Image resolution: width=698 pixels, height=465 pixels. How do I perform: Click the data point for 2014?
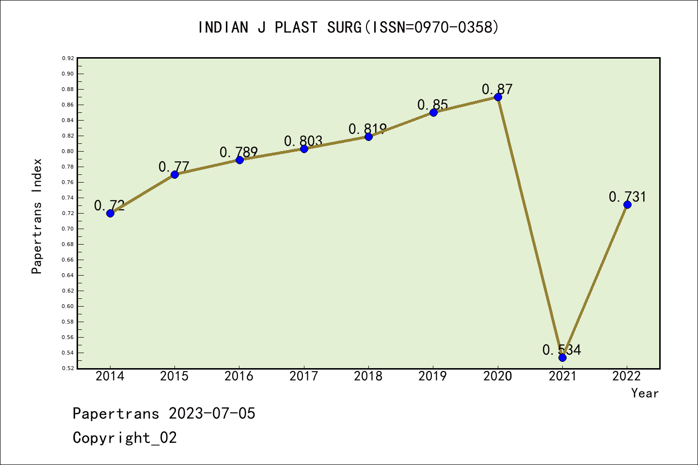[110, 213]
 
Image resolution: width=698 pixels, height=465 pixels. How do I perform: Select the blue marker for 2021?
[562, 357]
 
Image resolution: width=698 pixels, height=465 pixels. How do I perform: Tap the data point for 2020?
[498, 97]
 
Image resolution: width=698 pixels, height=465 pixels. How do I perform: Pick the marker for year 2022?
[627, 204]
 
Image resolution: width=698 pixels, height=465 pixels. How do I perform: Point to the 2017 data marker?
[304, 149]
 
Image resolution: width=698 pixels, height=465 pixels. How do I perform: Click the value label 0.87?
[497, 89]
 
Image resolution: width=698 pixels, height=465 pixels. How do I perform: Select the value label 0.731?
[627, 197]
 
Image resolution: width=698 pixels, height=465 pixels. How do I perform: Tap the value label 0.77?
[174, 167]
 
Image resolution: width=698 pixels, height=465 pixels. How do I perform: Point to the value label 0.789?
[238, 152]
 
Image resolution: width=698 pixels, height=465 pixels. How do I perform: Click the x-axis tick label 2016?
[239, 376]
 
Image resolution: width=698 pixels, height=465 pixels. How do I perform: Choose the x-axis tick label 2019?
[433, 376]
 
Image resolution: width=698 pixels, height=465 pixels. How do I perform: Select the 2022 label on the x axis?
[627, 376]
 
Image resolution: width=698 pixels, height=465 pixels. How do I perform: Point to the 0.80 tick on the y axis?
[68, 151]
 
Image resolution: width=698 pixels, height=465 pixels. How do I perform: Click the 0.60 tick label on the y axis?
[68, 306]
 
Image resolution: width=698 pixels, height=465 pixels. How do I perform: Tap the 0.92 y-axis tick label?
[68, 58]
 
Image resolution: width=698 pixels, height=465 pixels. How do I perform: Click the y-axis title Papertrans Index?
[37, 216]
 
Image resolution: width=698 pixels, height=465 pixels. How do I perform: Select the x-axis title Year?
[645, 393]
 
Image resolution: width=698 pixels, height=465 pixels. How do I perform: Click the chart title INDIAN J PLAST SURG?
[349, 27]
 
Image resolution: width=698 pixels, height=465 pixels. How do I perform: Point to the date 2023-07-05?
[212, 413]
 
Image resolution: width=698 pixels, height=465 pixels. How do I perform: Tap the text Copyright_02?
[125, 437]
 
